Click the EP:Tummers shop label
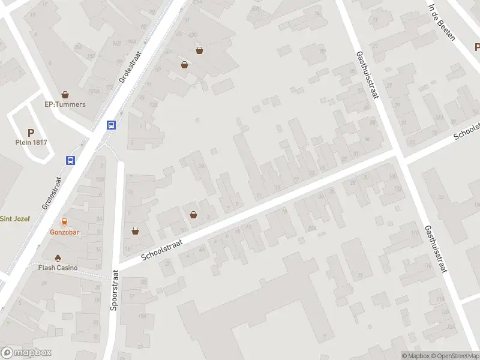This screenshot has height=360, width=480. tap(65, 104)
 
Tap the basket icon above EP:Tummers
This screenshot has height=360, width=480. tap(65, 95)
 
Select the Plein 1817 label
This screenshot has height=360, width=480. tap(31, 142)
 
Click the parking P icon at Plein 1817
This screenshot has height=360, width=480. tap(31, 133)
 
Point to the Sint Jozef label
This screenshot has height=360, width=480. tap(14, 218)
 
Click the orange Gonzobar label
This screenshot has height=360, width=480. tap(65, 232)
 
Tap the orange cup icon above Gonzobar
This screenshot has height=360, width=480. tap(65, 223)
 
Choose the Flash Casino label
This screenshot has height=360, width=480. tap(58, 268)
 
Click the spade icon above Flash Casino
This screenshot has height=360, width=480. tap(58, 258)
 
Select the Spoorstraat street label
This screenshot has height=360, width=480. tap(114, 290)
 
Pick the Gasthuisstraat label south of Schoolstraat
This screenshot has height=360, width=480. tap(436, 249)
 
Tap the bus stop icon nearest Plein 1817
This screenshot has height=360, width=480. tap(71, 160)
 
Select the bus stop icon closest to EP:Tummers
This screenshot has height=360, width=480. tap(111, 125)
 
